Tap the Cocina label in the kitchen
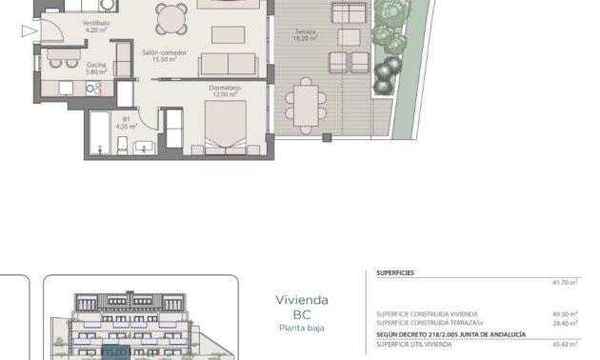coord(97,64)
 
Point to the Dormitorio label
coord(224,90)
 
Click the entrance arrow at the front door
coord(29,31)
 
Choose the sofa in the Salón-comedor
coord(227,64)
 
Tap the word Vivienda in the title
coord(302,300)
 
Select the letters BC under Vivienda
coord(302,314)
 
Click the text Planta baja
coord(302,329)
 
